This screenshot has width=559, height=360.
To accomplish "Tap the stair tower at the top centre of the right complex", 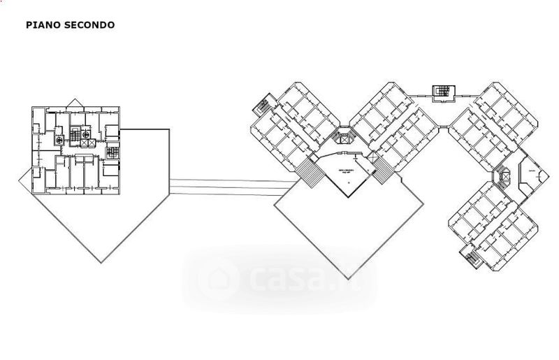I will click(442, 92).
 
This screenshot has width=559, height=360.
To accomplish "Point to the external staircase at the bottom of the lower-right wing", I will click(471, 257).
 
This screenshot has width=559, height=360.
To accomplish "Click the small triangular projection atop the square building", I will click(77, 103).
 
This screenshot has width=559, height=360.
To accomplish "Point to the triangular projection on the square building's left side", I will click(25, 180).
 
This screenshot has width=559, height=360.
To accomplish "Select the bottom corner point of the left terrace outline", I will click(102, 262).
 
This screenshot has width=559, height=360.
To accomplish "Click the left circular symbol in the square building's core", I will click(60, 140).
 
